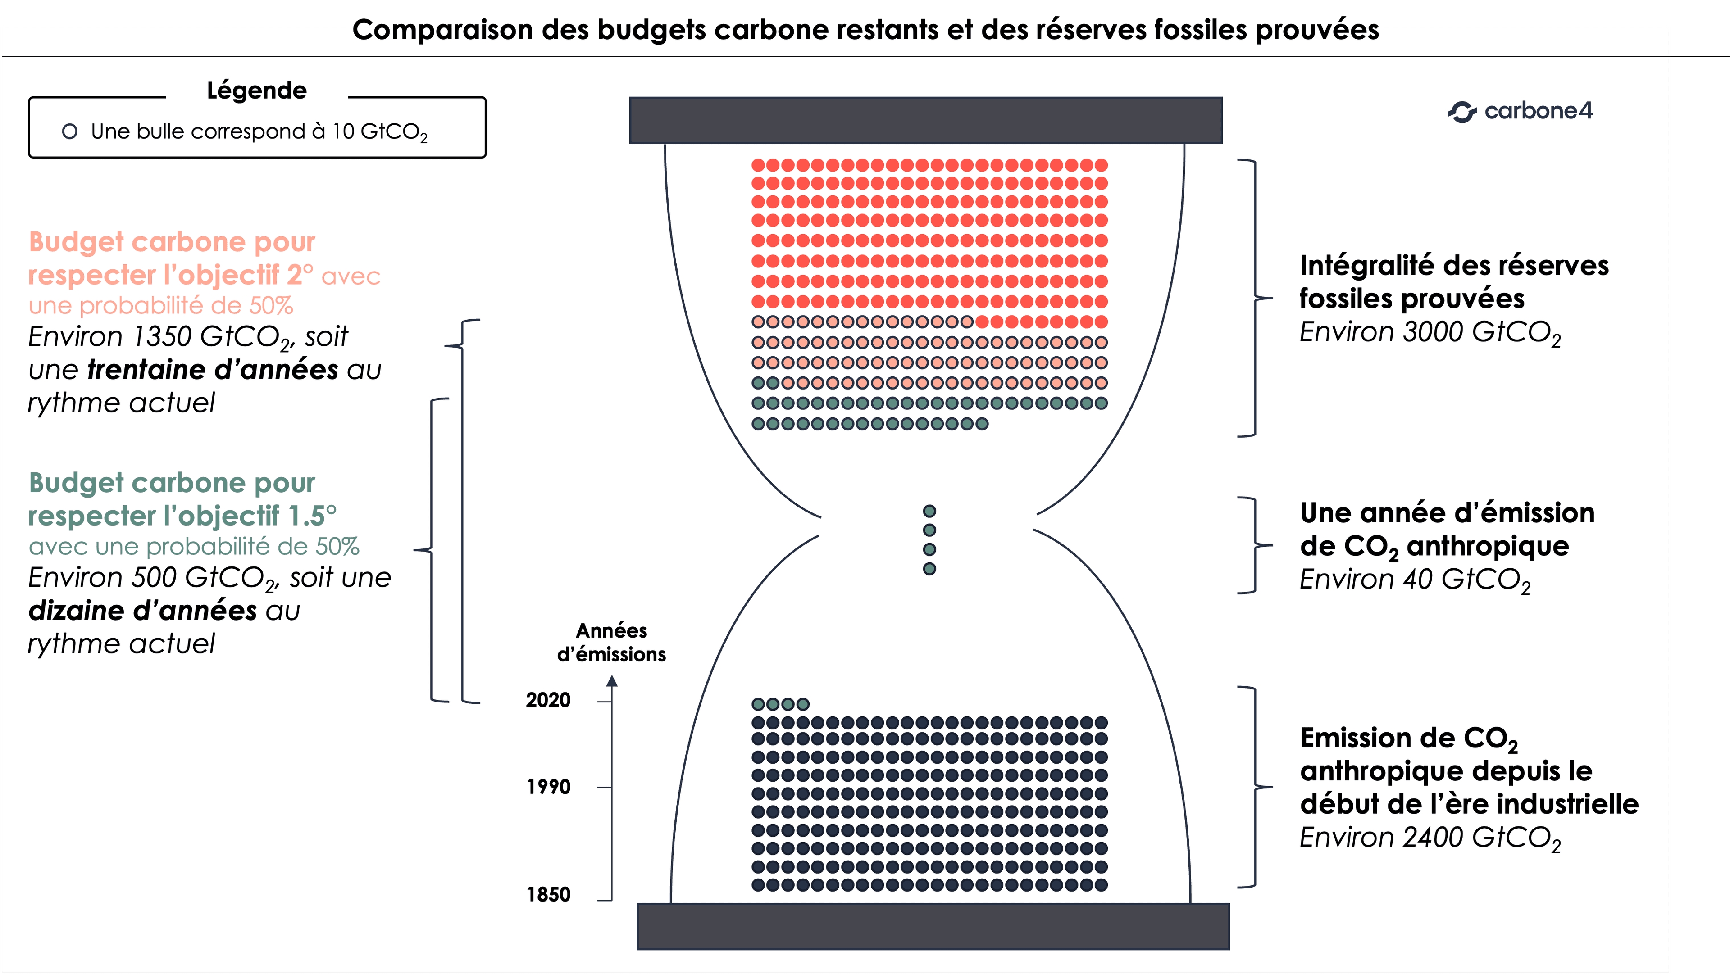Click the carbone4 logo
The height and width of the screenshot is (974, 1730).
(x=1519, y=111)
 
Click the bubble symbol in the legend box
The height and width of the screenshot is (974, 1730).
(x=69, y=131)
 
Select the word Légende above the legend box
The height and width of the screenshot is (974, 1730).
(x=256, y=91)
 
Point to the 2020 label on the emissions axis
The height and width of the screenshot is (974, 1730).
(x=548, y=700)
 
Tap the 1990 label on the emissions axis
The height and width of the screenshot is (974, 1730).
(x=548, y=787)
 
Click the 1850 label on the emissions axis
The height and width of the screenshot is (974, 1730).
(x=548, y=894)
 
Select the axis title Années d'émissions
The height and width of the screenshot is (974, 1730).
(x=611, y=643)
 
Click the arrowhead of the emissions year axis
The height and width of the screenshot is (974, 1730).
(x=612, y=681)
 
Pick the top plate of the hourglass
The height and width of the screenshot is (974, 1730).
(x=925, y=120)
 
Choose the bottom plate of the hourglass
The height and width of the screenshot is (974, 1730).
(x=933, y=926)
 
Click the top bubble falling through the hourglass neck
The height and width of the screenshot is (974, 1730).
(x=929, y=512)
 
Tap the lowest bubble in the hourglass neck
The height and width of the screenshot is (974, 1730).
(x=929, y=569)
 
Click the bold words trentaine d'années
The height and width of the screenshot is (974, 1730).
(x=212, y=370)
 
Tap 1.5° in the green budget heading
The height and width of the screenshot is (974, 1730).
(x=312, y=516)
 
